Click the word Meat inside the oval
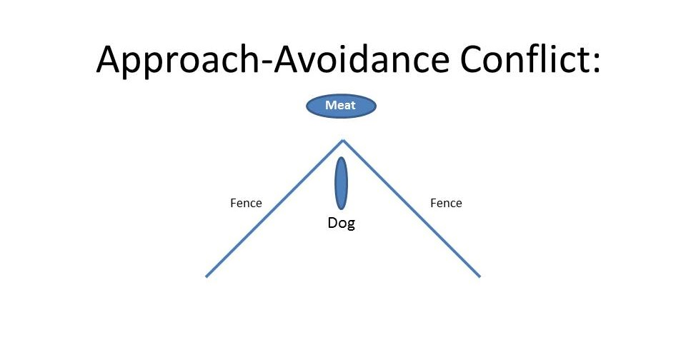tap(341, 106)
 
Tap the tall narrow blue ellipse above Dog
tap(342, 184)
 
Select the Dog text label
tap(341, 223)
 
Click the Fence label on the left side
tap(246, 203)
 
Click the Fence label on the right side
tap(446, 203)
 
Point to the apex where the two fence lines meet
tap(343, 140)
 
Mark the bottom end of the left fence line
tap(207, 276)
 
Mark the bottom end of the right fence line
tap(479, 276)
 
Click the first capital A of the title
tap(110, 59)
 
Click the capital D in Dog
tap(332, 223)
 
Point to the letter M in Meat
tap(330, 106)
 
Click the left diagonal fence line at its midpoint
tap(274, 209)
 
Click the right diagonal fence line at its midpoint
tap(412, 209)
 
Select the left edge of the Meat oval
tap(307, 106)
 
